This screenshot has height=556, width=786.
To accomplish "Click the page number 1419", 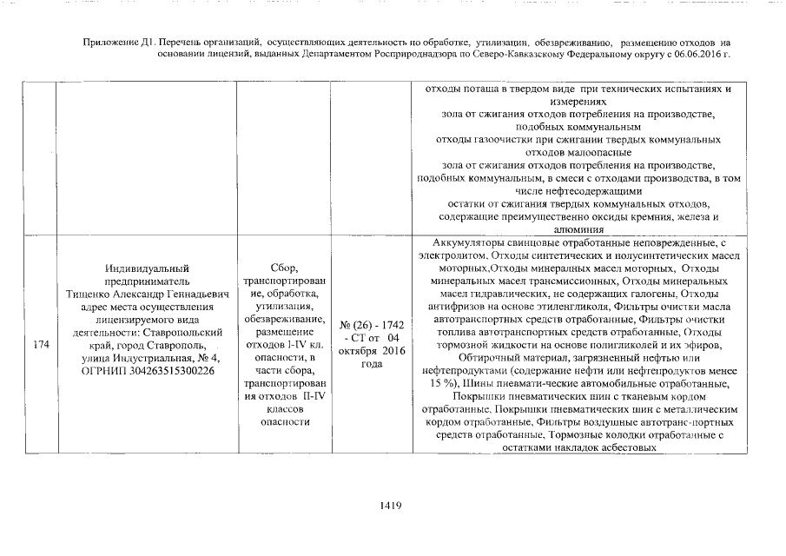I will pos(388,507).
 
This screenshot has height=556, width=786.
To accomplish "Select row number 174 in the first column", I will pos(40,345).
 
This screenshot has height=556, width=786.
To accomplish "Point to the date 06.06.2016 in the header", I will pos(696,54).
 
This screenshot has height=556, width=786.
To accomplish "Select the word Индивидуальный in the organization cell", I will pos(146,268).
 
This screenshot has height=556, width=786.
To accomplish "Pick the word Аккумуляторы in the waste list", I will pos(465,243).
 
